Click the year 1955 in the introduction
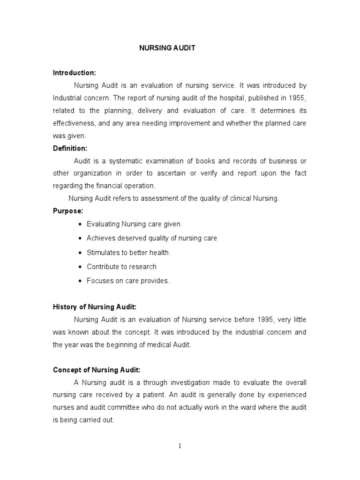tap(298, 98)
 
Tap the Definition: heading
tap(70, 148)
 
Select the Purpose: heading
tap(68, 211)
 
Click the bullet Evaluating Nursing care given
tap(133, 224)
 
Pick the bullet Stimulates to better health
tap(128, 252)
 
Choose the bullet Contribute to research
tap(121, 266)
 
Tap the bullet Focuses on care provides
tap(128, 281)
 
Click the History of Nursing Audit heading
tap(94, 307)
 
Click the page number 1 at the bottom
tap(180, 446)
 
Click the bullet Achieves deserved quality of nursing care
tap(151, 238)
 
